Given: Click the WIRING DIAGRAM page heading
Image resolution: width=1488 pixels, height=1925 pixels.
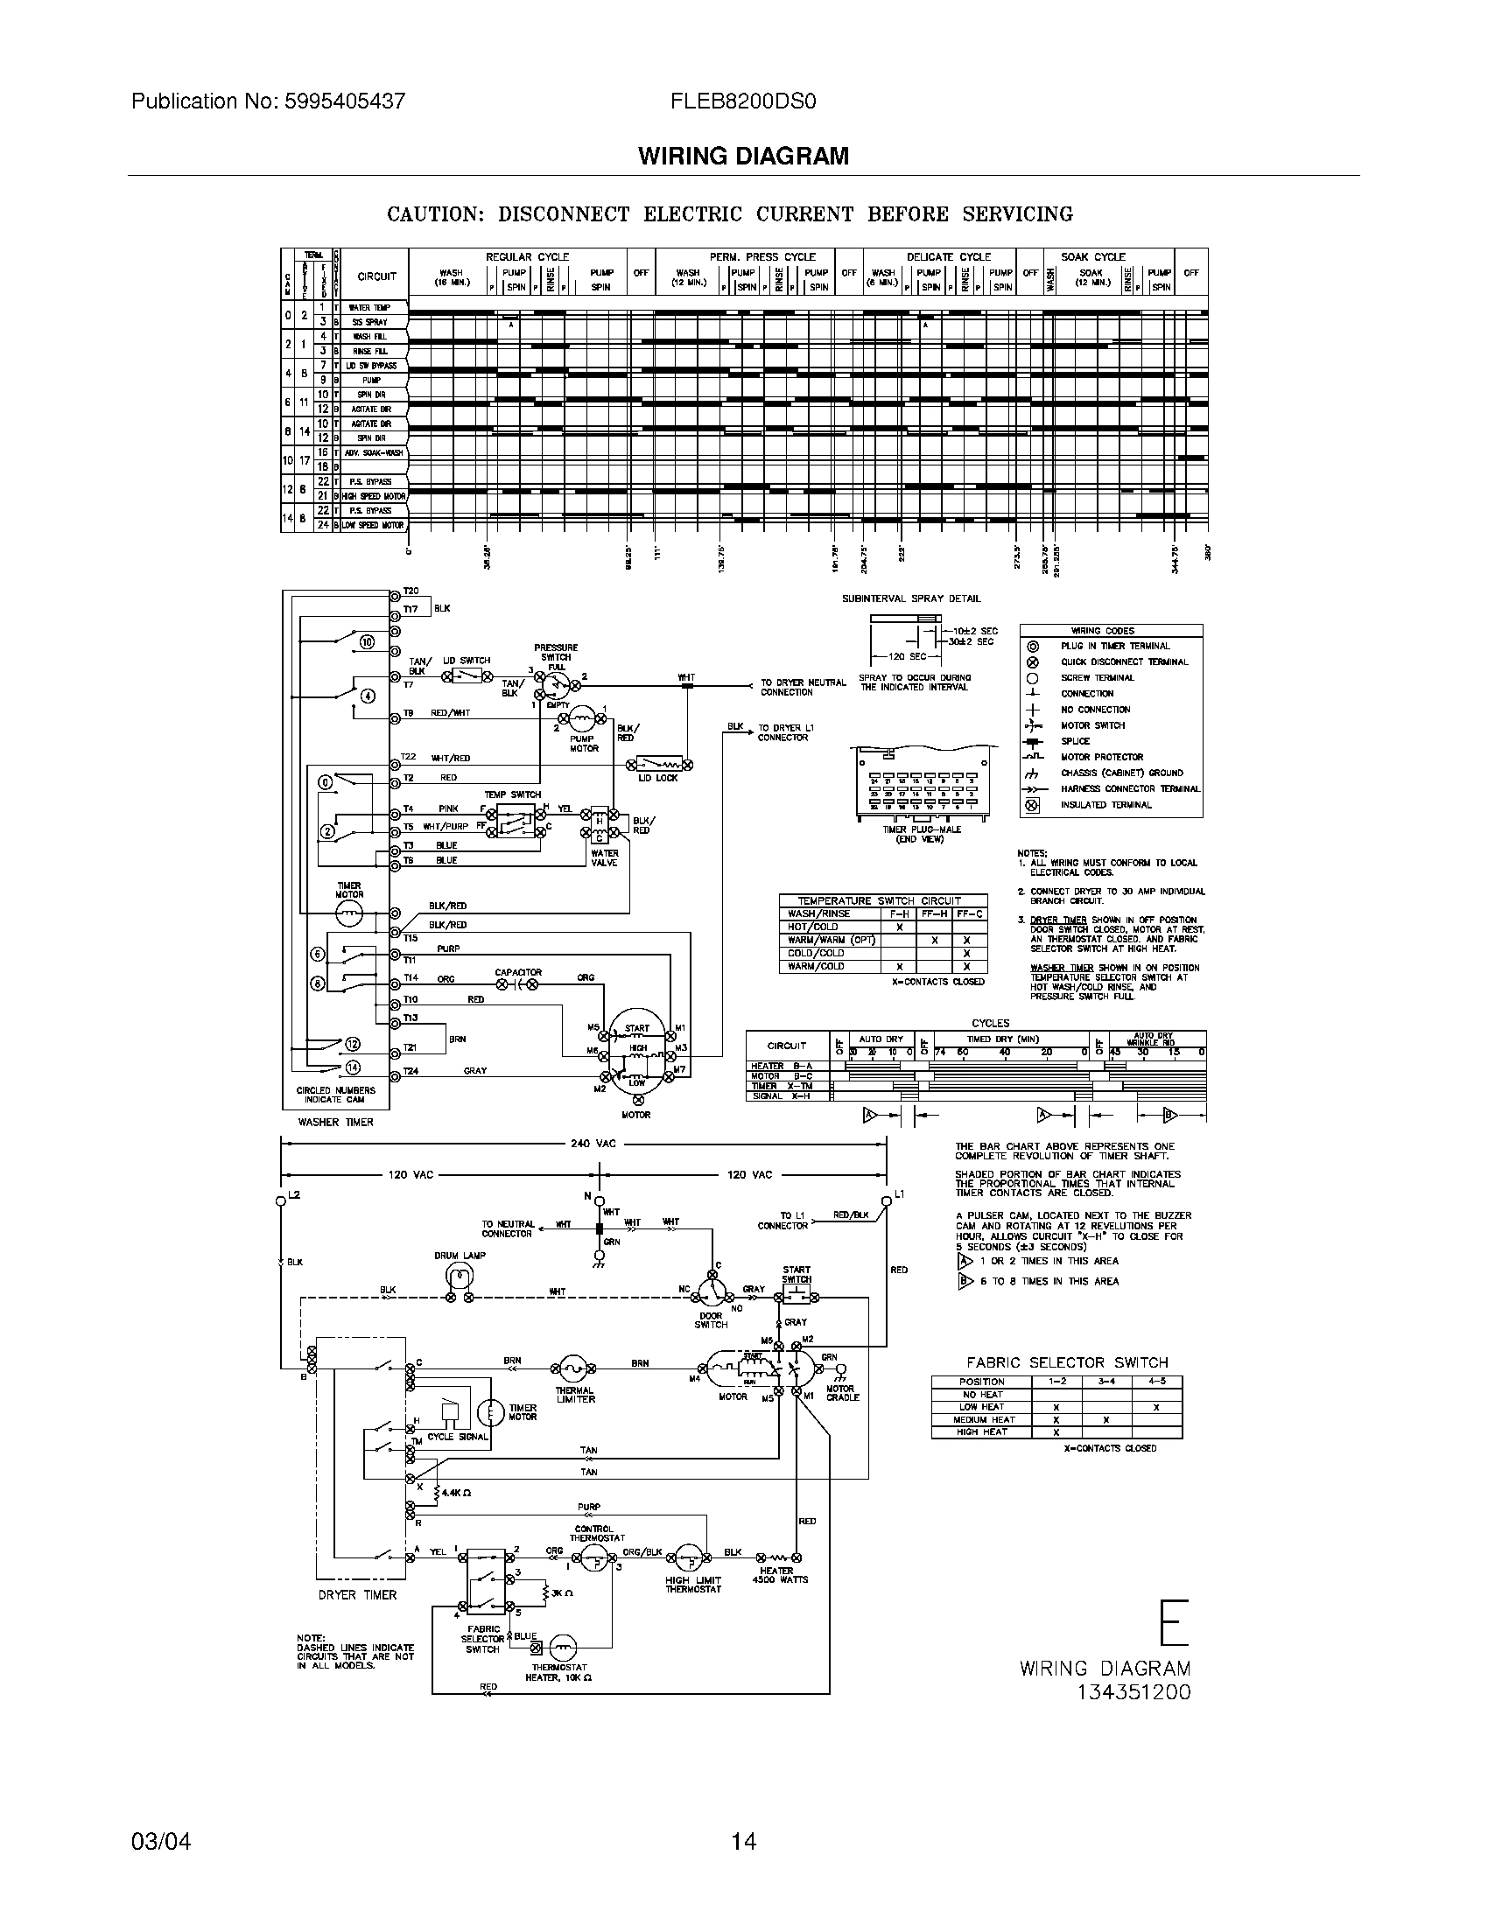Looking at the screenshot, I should tap(743, 156).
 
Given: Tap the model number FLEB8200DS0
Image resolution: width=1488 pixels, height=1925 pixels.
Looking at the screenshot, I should tap(743, 101).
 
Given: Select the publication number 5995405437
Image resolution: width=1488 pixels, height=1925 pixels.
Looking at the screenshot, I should tap(345, 101).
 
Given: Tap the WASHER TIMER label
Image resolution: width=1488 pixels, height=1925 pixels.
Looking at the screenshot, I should tap(335, 1122).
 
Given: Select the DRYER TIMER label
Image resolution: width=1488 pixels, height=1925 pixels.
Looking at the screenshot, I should tap(357, 1594).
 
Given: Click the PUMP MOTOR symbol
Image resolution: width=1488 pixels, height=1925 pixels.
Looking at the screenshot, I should tap(582, 718).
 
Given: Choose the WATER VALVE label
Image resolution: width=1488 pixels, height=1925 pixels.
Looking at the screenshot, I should tap(605, 857).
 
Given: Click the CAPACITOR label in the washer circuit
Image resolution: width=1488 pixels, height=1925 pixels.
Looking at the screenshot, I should tap(518, 972).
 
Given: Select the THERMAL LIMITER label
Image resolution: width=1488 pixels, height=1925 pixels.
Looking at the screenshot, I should tap(575, 1395).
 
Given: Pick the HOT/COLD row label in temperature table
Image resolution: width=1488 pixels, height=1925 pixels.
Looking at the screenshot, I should tap(814, 927).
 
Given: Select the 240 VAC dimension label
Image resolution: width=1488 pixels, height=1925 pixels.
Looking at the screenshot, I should tap(593, 1144).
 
